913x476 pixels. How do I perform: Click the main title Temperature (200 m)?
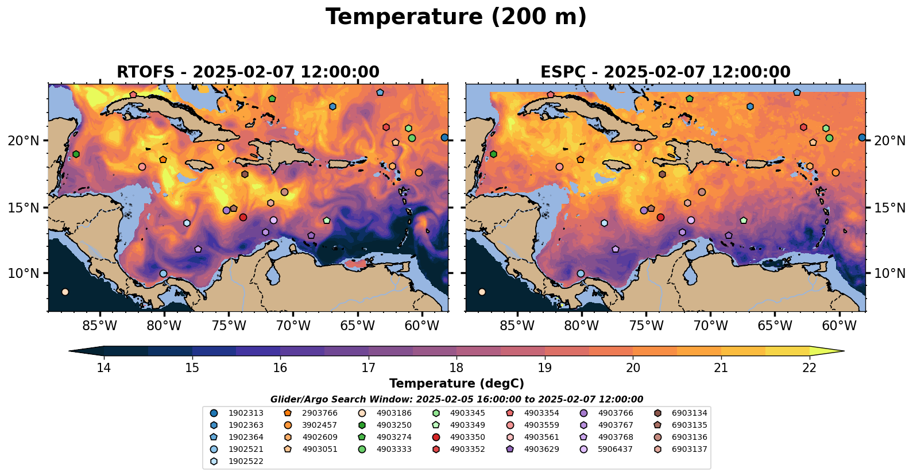click(456, 17)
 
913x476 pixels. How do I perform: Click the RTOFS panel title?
click(247, 72)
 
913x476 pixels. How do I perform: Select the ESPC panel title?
click(665, 72)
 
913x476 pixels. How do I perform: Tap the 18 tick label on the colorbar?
click(456, 368)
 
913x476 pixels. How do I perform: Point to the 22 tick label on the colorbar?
click(809, 368)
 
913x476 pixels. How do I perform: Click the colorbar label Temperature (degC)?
click(456, 384)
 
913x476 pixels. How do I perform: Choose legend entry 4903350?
click(467, 437)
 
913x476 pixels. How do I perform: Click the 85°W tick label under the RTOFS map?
click(100, 326)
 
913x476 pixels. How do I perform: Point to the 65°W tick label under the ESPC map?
click(775, 326)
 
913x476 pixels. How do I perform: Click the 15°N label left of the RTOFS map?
click(24, 208)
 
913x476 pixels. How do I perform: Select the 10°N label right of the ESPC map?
click(889, 273)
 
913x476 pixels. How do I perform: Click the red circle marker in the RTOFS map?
click(243, 218)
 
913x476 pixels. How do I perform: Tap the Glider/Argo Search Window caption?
click(456, 400)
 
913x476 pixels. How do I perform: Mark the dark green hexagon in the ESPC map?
click(493, 154)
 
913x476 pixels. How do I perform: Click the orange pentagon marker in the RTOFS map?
click(163, 160)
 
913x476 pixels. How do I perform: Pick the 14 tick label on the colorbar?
click(103, 368)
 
